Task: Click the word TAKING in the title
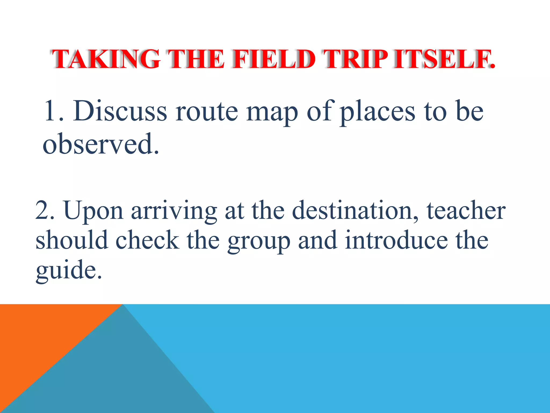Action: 106,59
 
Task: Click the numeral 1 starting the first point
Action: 51,111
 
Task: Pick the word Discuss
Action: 120,111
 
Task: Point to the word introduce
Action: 396,240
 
